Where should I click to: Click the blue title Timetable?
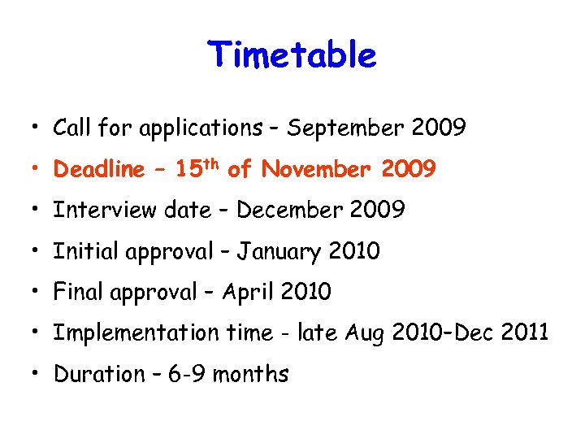tap(292, 55)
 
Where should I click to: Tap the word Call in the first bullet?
tap(71, 128)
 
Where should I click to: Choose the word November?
tap(312, 169)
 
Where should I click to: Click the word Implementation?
tap(136, 333)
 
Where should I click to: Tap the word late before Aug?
tap(321, 333)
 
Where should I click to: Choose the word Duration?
tap(93, 374)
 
